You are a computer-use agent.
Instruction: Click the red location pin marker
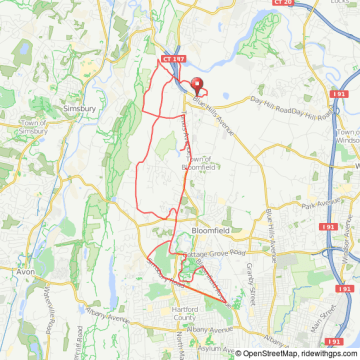coord(196,88)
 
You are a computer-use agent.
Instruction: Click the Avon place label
coord(26,271)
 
